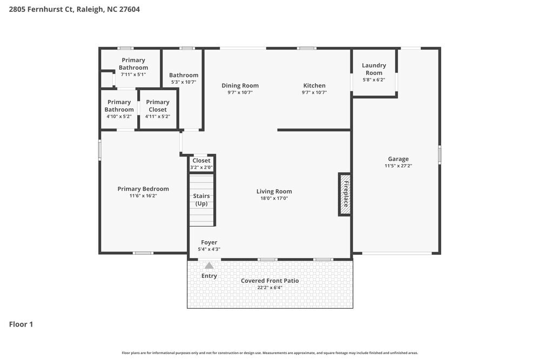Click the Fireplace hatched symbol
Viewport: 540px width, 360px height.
[345, 194]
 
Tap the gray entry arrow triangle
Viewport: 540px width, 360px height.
[209, 265]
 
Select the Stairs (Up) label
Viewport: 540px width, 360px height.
[201, 200]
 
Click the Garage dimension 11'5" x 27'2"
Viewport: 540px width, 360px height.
[398, 166]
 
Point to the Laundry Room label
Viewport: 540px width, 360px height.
[374, 69]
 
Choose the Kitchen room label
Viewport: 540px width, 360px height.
[314, 85]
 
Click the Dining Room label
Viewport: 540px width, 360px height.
[240, 85]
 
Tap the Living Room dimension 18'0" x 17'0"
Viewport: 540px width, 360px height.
[274, 199]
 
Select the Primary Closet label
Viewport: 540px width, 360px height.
[158, 106]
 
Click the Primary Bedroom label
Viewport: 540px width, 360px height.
[143, 189]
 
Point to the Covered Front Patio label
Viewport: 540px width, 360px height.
[269, 281]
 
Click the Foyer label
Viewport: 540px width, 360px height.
[209, 242]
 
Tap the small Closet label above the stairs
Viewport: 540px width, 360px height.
[201, 160]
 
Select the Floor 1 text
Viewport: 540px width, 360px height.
[21, 324]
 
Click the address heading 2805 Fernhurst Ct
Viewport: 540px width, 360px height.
[75, 9]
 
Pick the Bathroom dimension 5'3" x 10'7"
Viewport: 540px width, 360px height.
[184, 83]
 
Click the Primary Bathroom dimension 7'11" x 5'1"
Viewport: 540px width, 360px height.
[133, 74]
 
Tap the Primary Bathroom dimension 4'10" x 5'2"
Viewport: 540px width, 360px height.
[119, 116]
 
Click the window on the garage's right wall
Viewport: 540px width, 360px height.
[440, 154]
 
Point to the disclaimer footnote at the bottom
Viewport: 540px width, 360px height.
[270, 352]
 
